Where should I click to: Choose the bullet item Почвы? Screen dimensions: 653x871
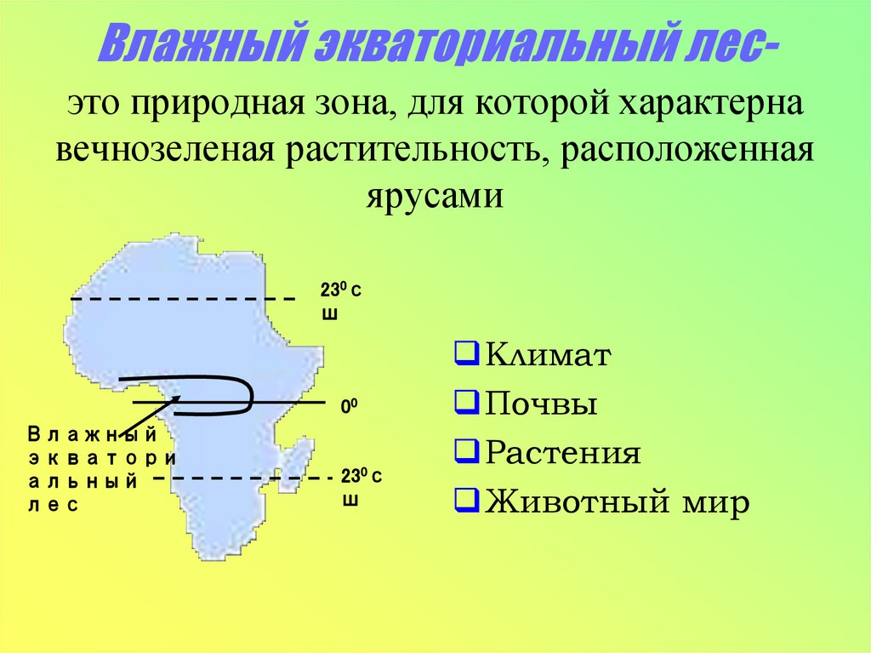pos(541,404)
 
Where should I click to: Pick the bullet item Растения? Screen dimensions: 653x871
pos(562,453)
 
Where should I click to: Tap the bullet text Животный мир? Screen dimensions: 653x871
pos(617,501)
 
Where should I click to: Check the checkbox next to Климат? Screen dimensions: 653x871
pos(465,354)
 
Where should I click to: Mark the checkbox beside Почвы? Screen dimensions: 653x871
pos(465,403)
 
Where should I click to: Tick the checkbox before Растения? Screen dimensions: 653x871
pos(465,452)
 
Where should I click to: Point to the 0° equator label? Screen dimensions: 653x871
pos(348,407)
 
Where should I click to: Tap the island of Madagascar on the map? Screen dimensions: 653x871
pos(295,460)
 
